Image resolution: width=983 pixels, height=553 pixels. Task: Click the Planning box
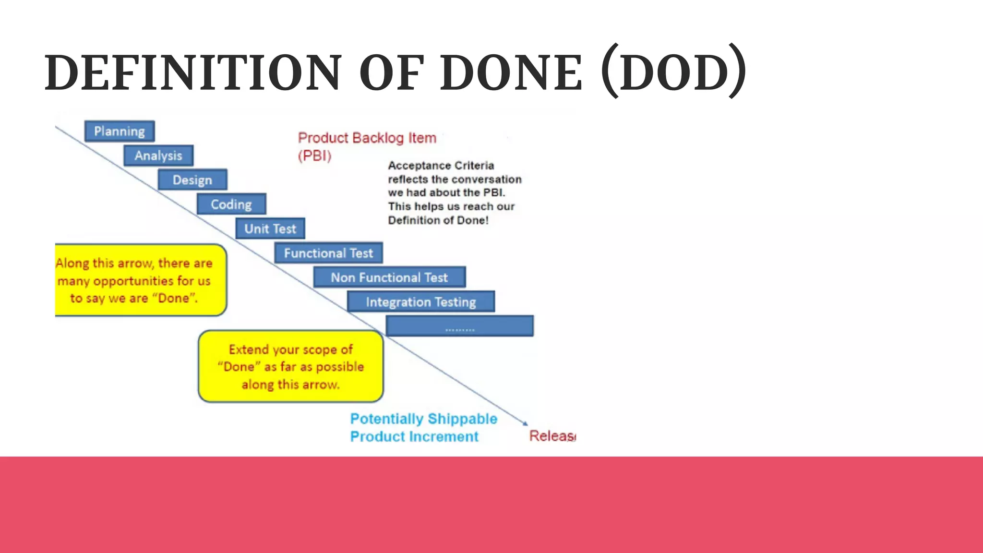pos(120,131)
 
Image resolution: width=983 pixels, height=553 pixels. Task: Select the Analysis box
pos(158,156)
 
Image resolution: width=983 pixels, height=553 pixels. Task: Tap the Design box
pos(192,180)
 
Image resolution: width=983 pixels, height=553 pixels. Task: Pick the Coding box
pos(231,204)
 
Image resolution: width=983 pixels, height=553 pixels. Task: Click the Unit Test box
pos(270,229)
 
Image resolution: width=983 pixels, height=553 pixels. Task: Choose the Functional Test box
pos(328,253)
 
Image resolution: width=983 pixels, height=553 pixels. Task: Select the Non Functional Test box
pos(389,277)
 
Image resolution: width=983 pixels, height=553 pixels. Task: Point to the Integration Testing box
pos(421,302)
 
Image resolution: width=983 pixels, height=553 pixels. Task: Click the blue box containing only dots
pos(460,326)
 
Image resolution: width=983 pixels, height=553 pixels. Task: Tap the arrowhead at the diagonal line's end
pos(525,423)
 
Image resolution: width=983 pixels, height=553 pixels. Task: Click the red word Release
pos(552,436)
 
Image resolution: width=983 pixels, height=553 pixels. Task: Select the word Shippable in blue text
pos(462,419)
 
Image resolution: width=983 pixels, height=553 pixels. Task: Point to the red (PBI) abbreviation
pos(315,156)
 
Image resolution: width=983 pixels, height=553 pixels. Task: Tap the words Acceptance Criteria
pos(441,166)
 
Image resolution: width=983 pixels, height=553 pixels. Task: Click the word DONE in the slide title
pos(511,73)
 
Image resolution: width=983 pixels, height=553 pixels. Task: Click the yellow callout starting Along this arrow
pos(140,280)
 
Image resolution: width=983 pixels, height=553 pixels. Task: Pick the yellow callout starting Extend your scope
pos(291,367)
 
